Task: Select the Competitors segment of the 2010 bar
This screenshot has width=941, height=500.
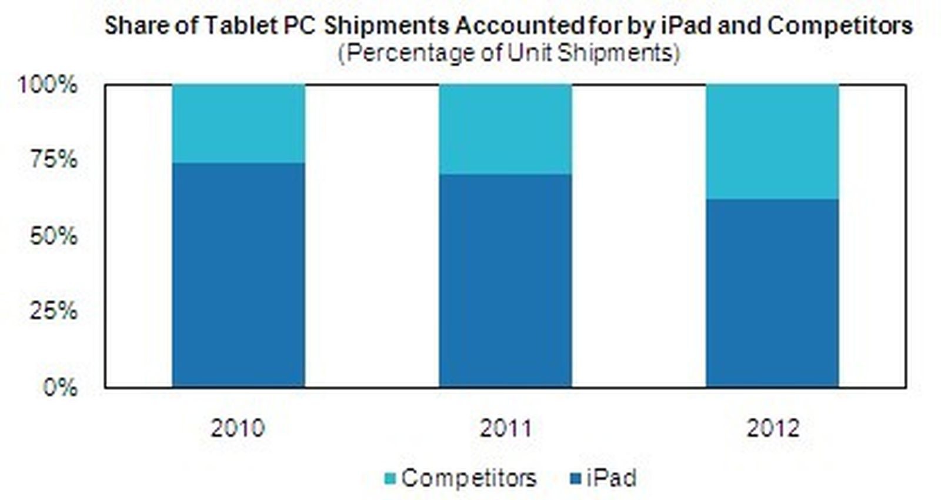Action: pyautogui.click(x=238, y=124)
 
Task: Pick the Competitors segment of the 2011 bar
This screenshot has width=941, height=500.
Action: pyautogui.click(x=505, y=129)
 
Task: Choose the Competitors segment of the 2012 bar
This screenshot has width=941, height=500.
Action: pyautogui.click(x=772, y=142)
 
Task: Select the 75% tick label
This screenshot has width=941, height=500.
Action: pyautogui.click(x=54, y=159)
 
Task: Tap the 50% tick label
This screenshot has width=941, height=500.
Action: pyautogui.click(x=54, y=236)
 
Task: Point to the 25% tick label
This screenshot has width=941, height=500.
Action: pyautogui.click(x=54, y=311)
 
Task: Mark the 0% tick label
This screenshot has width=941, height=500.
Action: pyautogui.click(x=60, y=388)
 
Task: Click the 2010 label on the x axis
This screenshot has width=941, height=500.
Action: pyautogui.click(x=238, y=428)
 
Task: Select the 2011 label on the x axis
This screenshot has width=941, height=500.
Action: pyautogui.click(x=505, y=428)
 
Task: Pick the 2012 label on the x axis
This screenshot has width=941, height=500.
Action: pyautogui.click(x=773, y=428)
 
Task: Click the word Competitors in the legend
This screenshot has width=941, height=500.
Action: pyautogui.click(x=469, y=478)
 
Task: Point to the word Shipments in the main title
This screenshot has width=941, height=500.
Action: pyautogui.click(x=387, y=26)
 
